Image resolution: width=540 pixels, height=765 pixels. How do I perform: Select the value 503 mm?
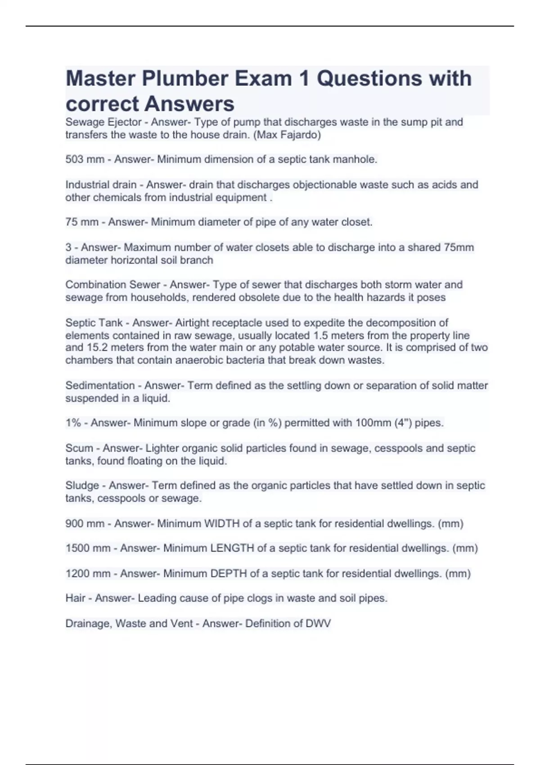click(x=85, y=159)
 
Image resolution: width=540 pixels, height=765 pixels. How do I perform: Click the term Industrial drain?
click(x=101, y=184)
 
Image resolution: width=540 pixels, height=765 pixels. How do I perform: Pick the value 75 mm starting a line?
click(x=82, y=222)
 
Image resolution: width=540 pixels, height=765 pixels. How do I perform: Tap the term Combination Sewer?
click(x=112, y=284)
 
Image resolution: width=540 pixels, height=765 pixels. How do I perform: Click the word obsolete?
click(x=251, y=297)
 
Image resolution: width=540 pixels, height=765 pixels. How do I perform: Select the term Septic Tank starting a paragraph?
click(x=94, y=323)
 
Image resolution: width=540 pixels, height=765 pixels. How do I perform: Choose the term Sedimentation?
click(x=100, y=385)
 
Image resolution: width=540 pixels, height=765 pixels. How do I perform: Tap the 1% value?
click(x=75, y=423)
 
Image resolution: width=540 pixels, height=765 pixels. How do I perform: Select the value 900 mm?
click(x=85, y=523)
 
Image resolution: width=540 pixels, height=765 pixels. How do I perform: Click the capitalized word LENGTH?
click(x=232, y=548)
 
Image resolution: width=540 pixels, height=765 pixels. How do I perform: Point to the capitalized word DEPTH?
click(x=229, y=573)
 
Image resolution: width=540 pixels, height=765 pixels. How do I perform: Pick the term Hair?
click(x=75, y=598)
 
